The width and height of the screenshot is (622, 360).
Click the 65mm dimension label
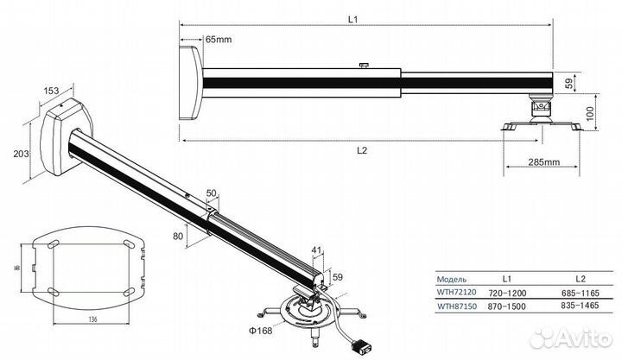(x=218, y=40)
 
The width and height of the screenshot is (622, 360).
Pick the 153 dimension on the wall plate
(x=51, y=91)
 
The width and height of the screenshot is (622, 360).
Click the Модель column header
(x=452, y=279)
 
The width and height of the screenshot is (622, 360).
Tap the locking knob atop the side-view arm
(x=365, y=63)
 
